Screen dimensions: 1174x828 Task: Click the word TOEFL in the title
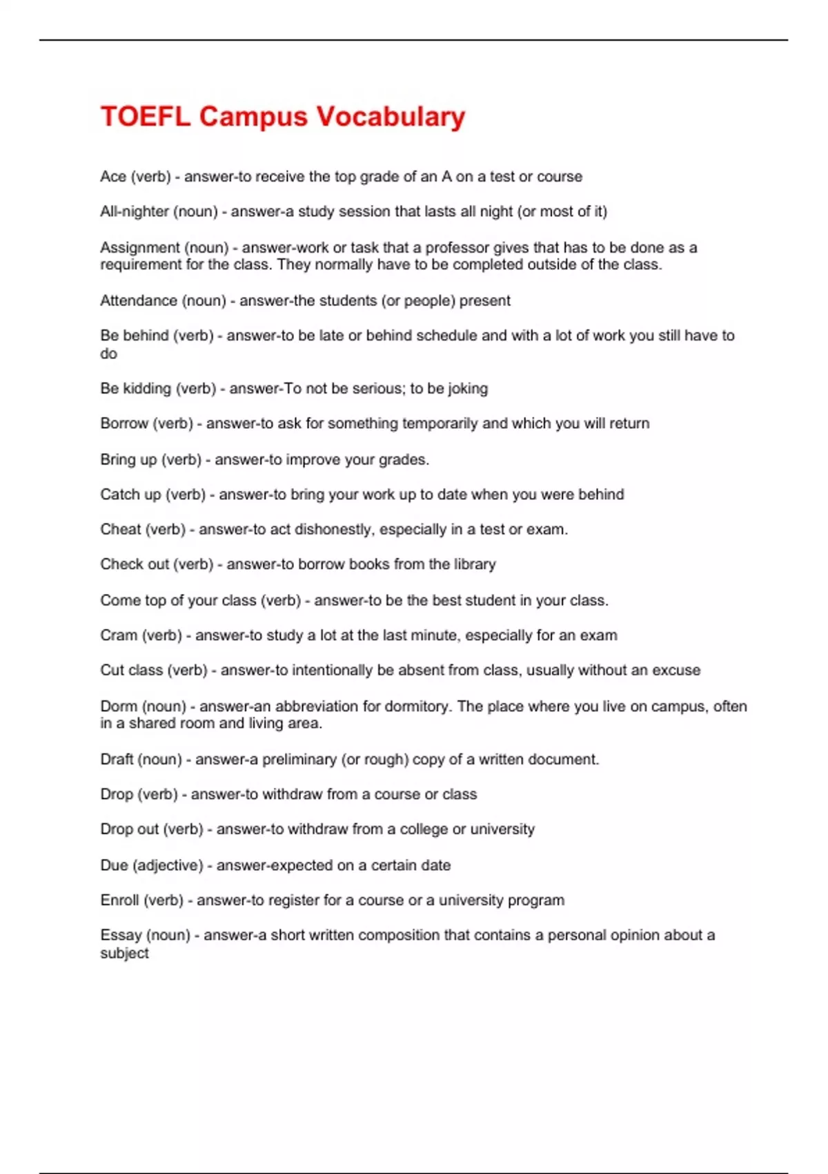point(145,117)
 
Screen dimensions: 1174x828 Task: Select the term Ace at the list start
point(113,177)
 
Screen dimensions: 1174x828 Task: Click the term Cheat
point(121,530)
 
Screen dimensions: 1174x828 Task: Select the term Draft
point(117,760)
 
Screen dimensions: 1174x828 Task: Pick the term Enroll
point(119,901)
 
